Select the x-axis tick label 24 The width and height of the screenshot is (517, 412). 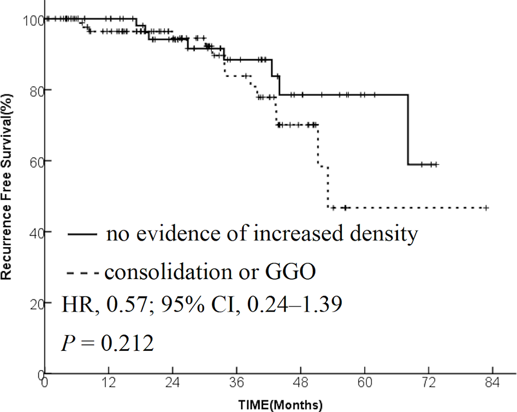tap(172, 385)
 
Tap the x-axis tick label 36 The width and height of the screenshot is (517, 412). tap(236, 385)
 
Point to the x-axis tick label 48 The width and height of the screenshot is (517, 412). tap(301, 385)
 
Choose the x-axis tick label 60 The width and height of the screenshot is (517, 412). tap(365, 385)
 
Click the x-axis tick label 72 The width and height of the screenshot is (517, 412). tap(429, 385)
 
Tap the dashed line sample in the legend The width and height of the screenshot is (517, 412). tap(83, 272)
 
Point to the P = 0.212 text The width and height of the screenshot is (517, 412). tap(107, 343)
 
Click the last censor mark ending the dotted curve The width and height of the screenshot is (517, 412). tap(485, 208)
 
